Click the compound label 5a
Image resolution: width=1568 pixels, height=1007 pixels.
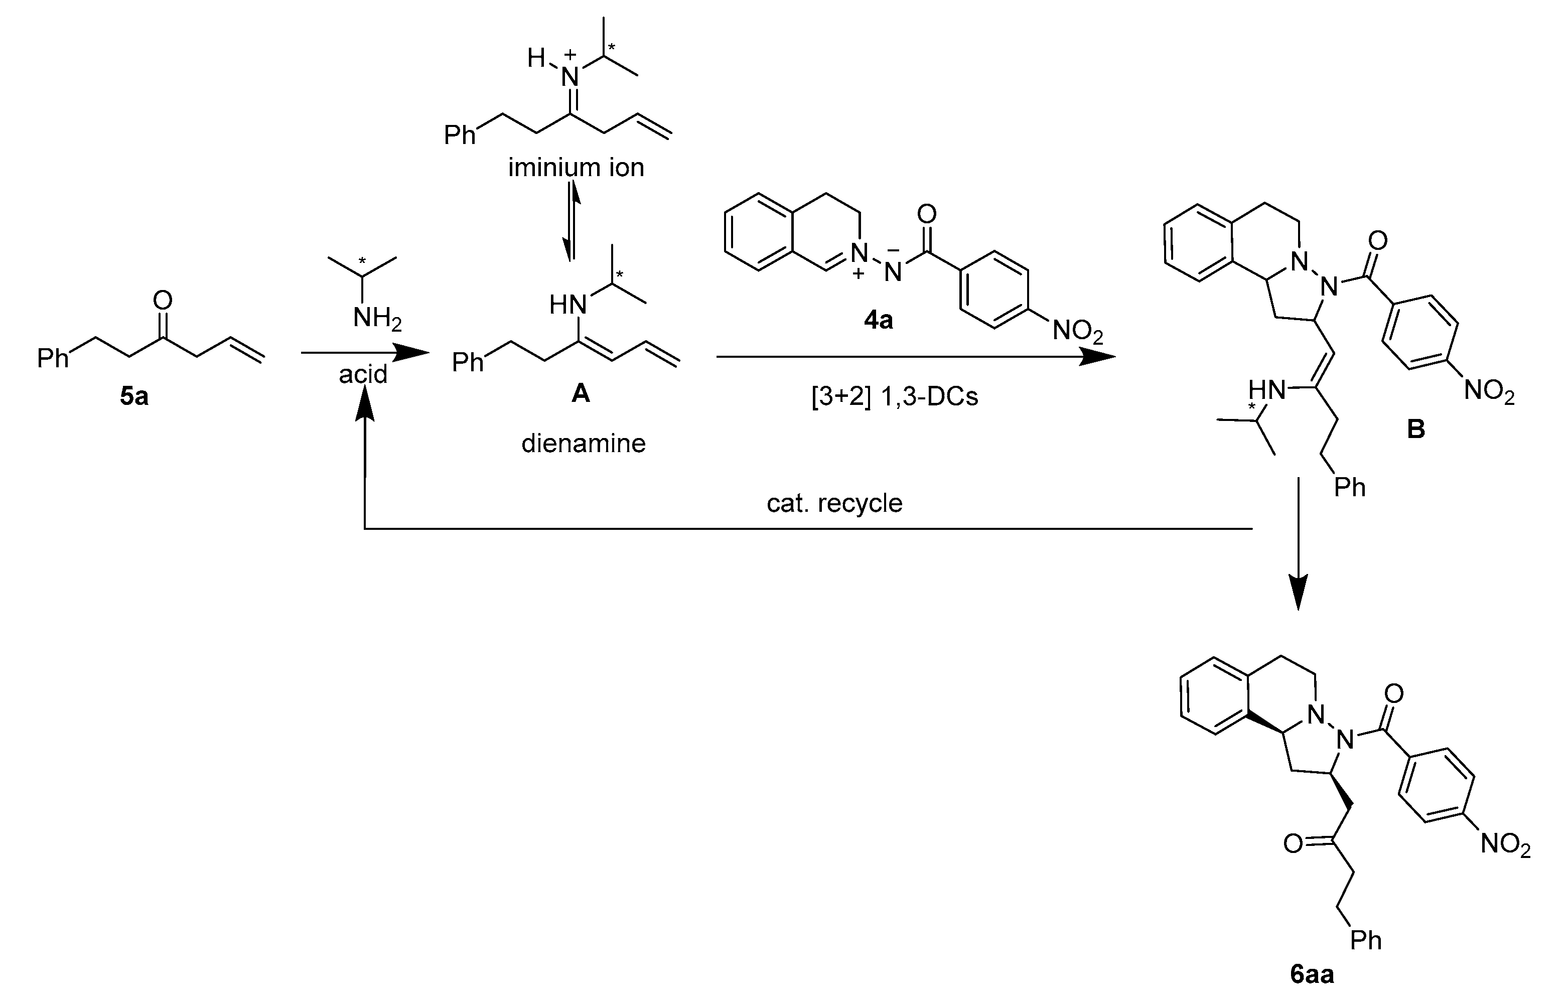[x=134, y=397]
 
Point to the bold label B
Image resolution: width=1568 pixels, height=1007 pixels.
[x=1415, y=429]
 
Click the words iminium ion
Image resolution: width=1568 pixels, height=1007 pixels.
[x=576, y=168]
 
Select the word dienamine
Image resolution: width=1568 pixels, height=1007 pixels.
[x=583, y=444]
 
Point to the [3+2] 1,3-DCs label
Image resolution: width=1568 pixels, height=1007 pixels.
[x=895, y=397]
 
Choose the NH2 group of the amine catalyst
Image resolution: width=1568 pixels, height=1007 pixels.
[x=377, y=319]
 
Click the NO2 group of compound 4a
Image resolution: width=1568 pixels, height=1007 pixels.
[x=1078, y=332]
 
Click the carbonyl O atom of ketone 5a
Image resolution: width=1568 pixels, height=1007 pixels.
[x=162, y=301]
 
